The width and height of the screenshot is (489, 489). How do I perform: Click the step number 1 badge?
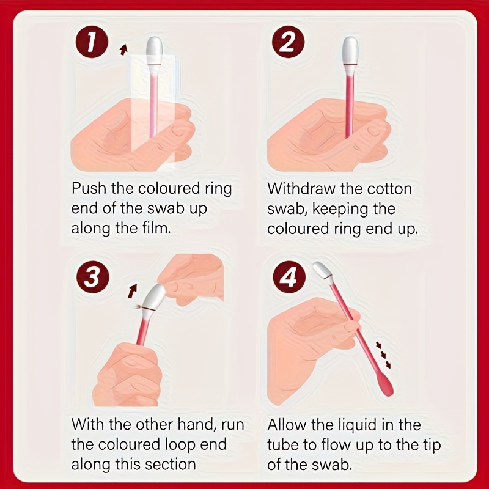[92, 44]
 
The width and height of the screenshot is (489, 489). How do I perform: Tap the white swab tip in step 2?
[350, 50]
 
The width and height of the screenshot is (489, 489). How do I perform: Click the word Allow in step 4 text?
[289, 424]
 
